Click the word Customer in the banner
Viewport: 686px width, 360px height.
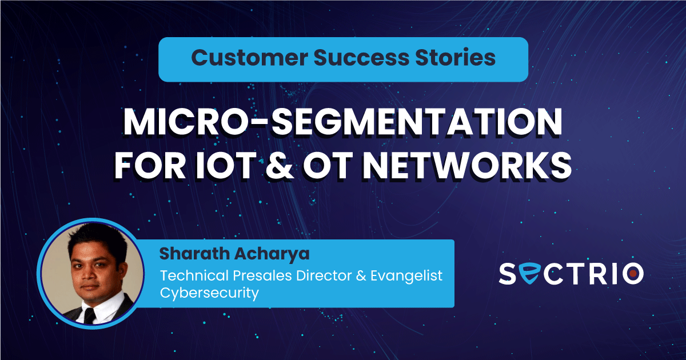click(249, 57)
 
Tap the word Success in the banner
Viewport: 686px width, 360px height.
click(361, 57)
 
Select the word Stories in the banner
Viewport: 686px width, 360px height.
click(456, 57)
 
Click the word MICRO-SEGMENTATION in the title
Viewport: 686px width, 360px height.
click(342, 122)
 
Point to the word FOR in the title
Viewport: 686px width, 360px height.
click(150, 165)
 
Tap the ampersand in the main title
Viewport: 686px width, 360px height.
click(280, 165)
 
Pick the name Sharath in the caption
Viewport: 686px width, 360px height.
click(194, 254)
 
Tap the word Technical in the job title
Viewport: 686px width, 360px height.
click(195, 275)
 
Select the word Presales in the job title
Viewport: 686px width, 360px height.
click(262, 275)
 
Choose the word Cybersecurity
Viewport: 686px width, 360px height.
click(209, 294)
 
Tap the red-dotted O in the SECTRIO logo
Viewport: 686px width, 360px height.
click(633, 273)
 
